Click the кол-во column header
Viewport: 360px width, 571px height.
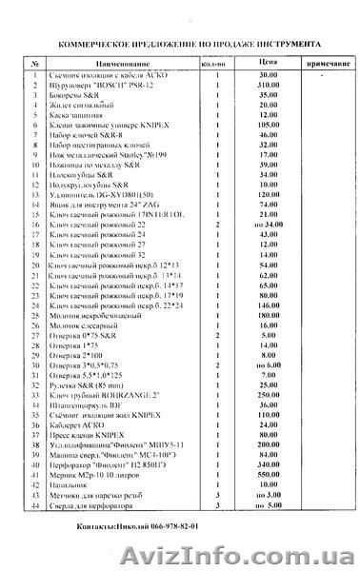pyautogui.click(x=217, y=62)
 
